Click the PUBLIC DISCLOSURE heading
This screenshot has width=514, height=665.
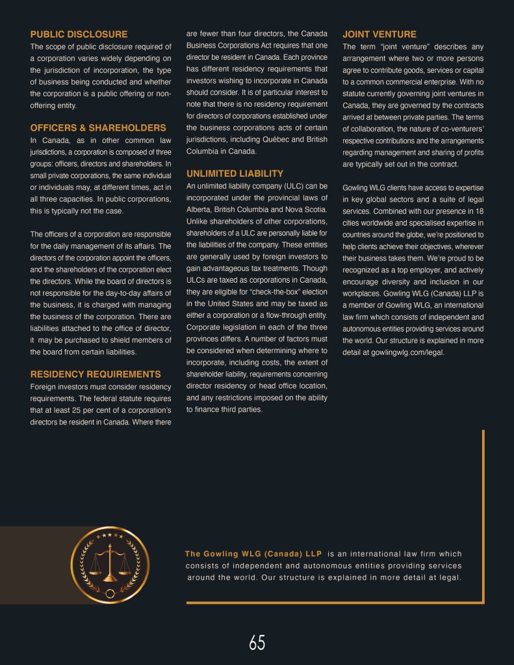point(79,34)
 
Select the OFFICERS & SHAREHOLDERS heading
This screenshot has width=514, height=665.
point(98,127)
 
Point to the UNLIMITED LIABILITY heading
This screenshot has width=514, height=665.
point(235,174)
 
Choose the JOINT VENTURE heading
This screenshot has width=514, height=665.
point(379,34)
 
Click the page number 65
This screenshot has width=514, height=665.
point(257,643)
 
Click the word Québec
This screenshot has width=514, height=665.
point(273,139)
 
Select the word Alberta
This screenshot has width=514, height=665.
point(199,209)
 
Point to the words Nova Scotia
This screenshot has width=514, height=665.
point(308,209)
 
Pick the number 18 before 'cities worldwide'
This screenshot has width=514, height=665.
point(479,211)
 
